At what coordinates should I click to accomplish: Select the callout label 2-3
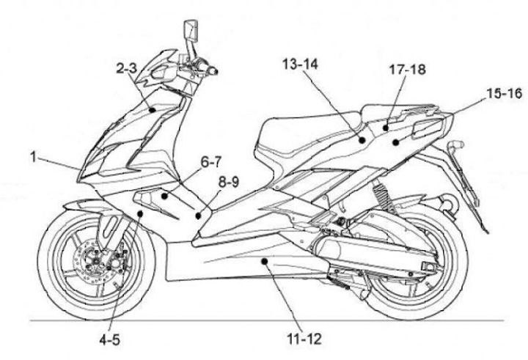click(x=126, y=68)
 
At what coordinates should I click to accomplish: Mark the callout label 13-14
click(x=300, y=65)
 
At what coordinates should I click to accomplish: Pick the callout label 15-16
click(x=503, y=93)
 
